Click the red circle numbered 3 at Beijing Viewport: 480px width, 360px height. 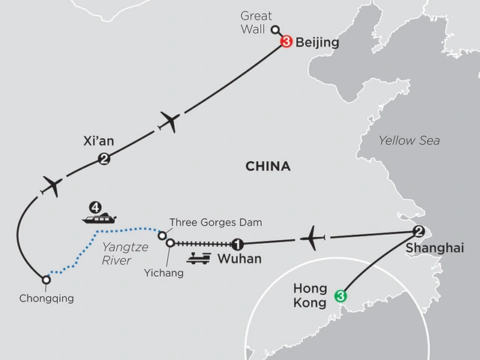tap(285, 43)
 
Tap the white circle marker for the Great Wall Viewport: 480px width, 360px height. tap(274, 31)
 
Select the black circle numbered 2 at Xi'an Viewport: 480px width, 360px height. tap(103, 157)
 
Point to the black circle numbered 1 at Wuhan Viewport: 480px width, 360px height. tap(237, 244)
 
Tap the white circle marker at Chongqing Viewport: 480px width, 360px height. tap(46, 280)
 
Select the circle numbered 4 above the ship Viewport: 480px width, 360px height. tap(94, 205)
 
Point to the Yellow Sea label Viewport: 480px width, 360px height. tap(409, 141)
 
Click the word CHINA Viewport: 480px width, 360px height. tap(268, 166)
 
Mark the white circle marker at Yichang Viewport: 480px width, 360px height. tap(170, 242)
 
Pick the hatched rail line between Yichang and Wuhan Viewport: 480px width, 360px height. tap(202, 244)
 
